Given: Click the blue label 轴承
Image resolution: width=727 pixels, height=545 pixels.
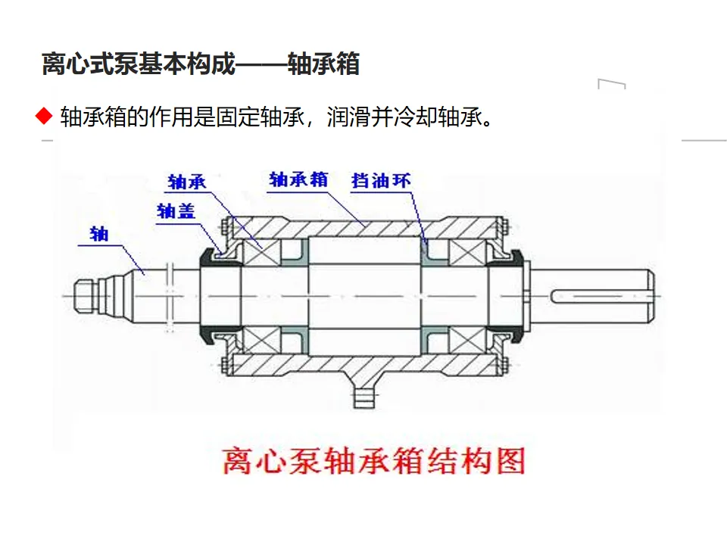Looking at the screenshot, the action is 187,182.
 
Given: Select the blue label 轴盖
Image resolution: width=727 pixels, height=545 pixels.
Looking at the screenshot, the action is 176,211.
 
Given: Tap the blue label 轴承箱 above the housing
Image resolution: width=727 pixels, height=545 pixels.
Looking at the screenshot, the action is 298,179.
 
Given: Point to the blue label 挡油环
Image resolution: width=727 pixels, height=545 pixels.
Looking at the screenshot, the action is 381,180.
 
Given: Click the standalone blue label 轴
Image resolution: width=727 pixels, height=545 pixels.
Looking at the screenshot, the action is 99,234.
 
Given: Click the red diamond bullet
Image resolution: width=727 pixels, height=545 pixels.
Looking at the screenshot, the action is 44,117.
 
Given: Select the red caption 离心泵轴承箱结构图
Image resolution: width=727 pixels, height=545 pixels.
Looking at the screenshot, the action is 373,461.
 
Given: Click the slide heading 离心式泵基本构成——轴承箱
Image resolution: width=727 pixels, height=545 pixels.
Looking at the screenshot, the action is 201,64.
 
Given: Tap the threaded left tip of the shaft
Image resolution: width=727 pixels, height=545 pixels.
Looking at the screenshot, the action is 86,295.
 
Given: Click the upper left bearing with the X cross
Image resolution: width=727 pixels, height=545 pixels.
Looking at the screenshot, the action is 262,253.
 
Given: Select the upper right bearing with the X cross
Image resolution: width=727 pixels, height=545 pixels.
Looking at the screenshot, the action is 468,253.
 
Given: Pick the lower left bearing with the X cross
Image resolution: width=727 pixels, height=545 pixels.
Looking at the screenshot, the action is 262,340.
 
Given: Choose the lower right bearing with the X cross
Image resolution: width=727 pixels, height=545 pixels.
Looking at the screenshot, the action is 468,340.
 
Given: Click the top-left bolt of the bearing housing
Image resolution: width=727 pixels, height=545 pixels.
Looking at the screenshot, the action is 224,228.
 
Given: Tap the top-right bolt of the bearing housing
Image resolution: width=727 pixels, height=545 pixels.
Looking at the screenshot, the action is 504,228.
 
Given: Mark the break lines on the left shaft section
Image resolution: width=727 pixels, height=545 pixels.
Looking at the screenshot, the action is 170,297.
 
